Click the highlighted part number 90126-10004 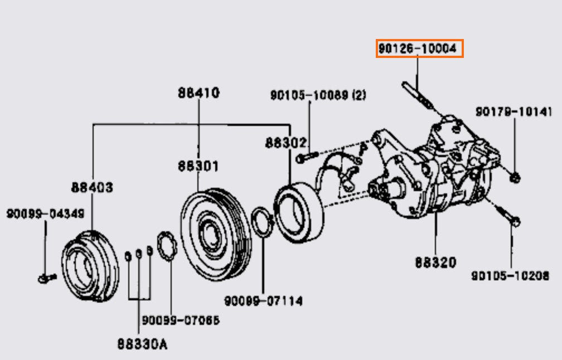coord(419,49)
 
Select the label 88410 coord(199,93)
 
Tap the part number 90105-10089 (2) coord(318,96)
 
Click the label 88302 coord(285,142)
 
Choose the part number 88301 coord(198,166)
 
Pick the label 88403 coord(91,187)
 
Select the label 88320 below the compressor coord(435,262)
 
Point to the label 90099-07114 coord(264,301)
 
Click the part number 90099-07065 coord(180,320)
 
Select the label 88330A coord(142,344)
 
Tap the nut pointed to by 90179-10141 coord(515,178)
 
